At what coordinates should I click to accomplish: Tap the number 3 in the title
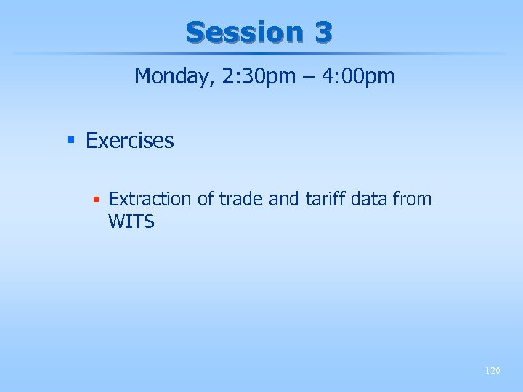323,32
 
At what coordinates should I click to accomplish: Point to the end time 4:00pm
355,76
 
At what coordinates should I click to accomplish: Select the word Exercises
130,141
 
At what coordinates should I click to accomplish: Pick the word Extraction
150,199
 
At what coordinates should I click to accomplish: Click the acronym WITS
131,222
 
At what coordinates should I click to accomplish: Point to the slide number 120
492,371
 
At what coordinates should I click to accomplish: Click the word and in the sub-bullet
283,199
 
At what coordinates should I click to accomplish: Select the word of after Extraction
204,199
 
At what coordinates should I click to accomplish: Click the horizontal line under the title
261,54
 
